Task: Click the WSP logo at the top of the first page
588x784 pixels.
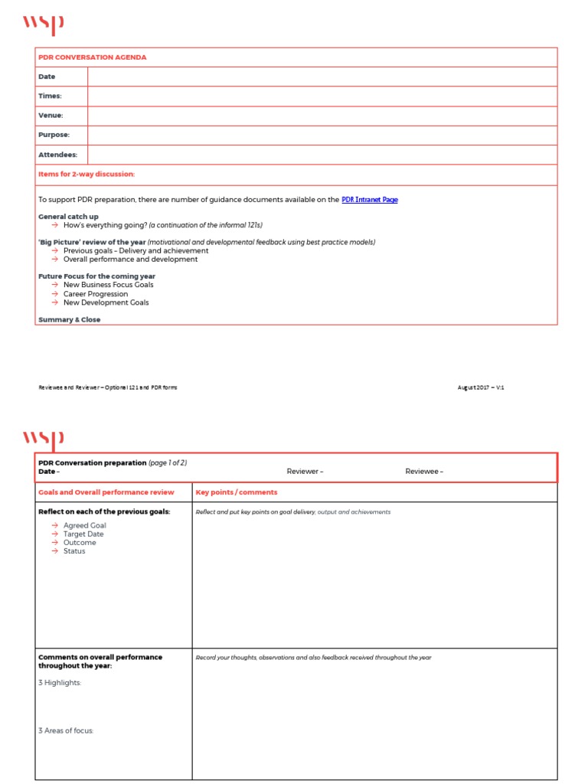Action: click(x=43, y=24)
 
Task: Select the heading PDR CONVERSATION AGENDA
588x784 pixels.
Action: click(x=92, y=57)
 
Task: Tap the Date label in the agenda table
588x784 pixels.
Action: click(x=47, y=77)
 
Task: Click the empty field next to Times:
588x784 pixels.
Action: click(x=322, y=96)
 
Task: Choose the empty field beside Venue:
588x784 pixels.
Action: click(x=322, y=116)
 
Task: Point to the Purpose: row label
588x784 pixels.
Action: click(x=54, y=135)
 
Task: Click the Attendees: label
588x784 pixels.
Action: click(x=57, y=155)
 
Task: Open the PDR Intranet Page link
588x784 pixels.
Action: click(x=369, y=200)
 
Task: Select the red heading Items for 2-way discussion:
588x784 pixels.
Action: click(x=87, y=175)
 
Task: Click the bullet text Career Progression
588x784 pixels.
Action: click(x=96, y=294)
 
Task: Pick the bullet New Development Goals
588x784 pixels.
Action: click(x=106, y=302)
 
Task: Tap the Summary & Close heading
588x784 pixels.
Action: click(x=69, y=320)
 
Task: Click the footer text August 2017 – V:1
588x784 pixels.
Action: click(x=481, y=387)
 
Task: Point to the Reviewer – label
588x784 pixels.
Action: click(x=305, y=472)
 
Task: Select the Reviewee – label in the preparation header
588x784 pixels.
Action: click(x=424, y=472)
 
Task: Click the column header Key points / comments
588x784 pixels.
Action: click(x=237, y=492)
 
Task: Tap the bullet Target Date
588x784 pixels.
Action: click(x=83, y=534)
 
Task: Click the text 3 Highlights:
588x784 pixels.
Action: click(x=60, y=683)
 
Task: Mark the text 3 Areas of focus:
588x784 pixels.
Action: click(x=66, y=731)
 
